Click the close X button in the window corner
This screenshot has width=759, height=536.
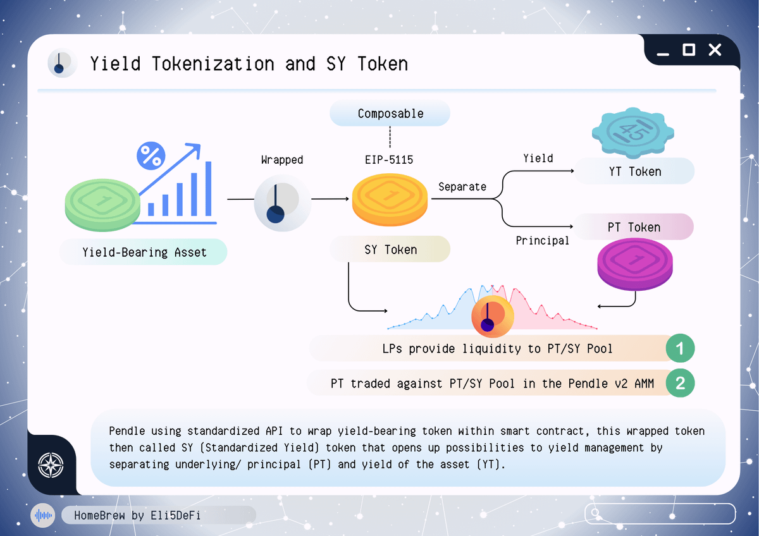(x=715, y=50)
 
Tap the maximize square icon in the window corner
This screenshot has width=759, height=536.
(x=689, y=50)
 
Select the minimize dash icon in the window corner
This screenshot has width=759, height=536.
(x=663, y=54)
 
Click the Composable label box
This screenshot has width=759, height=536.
(x=390, y=113)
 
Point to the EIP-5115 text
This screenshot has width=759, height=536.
(x=389, y=159)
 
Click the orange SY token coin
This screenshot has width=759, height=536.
(x=390, y=200)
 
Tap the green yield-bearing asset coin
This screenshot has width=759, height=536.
(x=102, y=205)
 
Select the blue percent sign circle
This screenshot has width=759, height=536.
(x=151, y=155)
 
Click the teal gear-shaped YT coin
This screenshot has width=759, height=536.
(x=633, y=133)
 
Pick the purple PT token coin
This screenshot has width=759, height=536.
(x=634, y=264)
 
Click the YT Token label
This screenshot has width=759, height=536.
(x=634, y=171)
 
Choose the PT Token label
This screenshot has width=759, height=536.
(x=633, y=227)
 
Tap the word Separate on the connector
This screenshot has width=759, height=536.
(x=462, y=186)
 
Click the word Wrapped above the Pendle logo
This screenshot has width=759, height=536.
(x=282, y=159)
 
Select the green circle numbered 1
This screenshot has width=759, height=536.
(x=680, y=348)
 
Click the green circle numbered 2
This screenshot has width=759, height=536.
(x=680, y=383)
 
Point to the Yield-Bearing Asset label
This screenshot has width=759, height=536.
(x=144, y=252)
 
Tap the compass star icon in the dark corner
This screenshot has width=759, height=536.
(x=51, y=465)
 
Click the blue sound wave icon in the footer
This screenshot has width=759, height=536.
(x=43, y=515)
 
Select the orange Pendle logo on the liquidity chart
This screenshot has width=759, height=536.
(x=492, y=317)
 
